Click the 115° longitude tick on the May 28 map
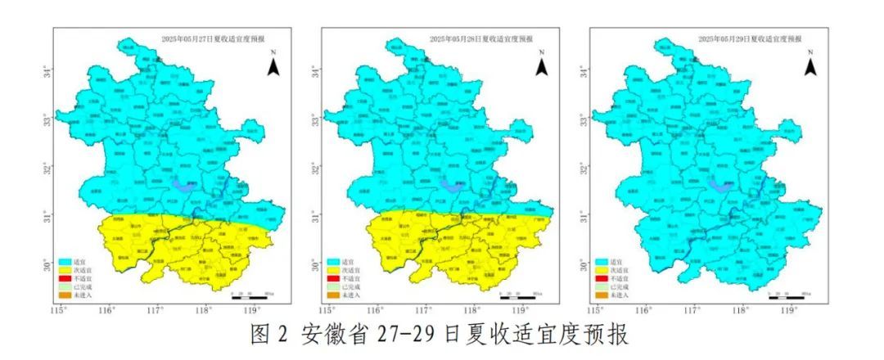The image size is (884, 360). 327,310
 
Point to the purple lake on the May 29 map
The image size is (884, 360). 720,186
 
